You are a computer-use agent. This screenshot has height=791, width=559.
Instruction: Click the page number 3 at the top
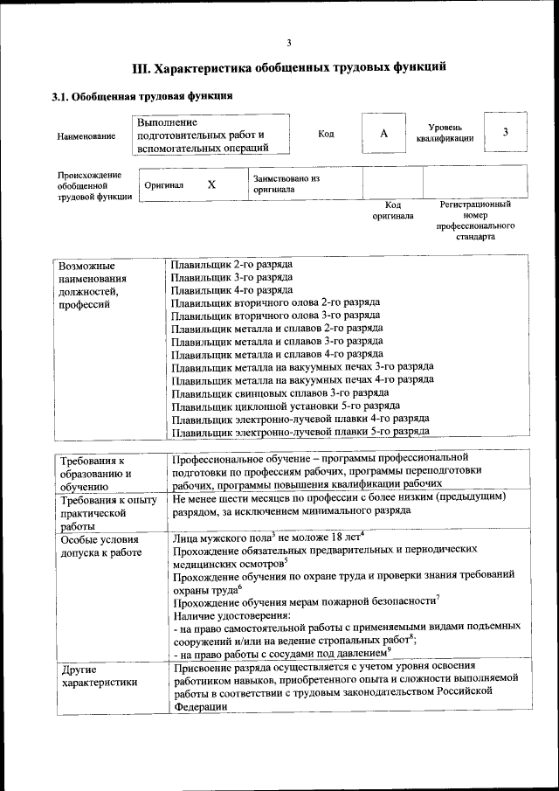[288, 44]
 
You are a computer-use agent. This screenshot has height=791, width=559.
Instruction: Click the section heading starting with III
[288, 66]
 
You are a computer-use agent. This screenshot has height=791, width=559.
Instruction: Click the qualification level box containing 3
[505, 132]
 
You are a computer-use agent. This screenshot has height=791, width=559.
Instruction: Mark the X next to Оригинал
[211, 185]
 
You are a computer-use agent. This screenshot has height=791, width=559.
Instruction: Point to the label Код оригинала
[393, 210]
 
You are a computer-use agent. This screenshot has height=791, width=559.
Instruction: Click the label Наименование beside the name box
[86, 136]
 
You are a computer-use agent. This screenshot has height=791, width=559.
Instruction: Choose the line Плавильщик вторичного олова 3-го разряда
[275, 315]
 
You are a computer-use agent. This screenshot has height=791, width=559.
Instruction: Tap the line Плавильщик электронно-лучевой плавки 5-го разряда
[300, 432]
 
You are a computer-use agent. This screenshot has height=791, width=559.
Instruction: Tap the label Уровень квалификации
[445, 133]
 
